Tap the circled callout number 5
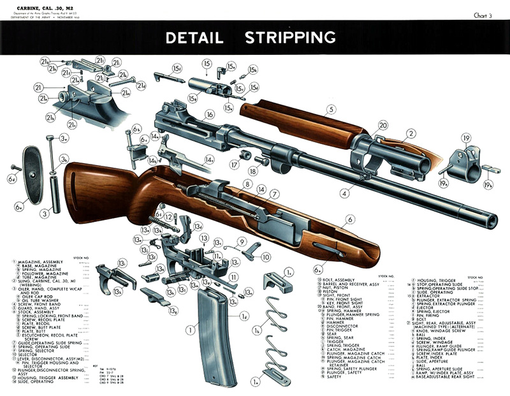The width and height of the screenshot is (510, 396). (x=331, y=108)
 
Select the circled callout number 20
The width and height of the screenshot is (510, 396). (x=383, y=125)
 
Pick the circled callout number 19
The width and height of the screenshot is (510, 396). (x=466, y=138)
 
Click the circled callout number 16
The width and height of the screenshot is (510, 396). (x=208, y=115)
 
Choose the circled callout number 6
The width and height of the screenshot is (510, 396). (x=350, y=219)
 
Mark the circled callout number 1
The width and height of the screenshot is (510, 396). (x=189, y=330)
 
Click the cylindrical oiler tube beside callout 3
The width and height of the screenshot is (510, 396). (x=55, y=191)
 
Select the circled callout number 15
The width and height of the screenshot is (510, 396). (x=207, y=63)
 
